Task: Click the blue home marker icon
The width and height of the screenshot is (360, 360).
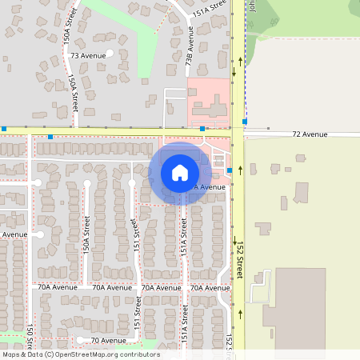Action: pos(180,173)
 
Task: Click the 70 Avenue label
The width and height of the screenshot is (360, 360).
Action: pos(109,340)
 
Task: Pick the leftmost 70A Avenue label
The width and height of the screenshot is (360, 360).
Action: pos(58,287)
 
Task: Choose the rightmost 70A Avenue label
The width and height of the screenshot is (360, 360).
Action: pos(210,287)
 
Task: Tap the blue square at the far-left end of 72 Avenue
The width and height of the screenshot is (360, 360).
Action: pos(3,128)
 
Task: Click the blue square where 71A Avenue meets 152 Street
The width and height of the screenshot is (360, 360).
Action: pos(230,170)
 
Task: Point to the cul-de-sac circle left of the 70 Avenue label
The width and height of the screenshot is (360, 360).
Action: pos(80,340)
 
